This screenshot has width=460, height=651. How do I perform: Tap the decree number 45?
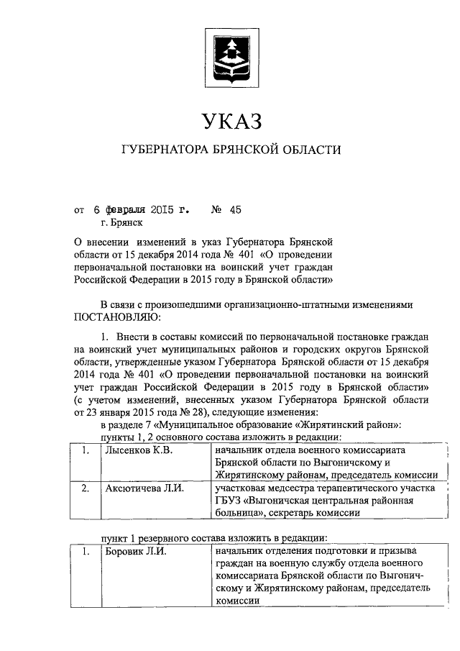pyautogui.click(x=236, y=211)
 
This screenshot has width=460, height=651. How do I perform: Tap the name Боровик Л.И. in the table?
pyautogui.click(x=131, y=551)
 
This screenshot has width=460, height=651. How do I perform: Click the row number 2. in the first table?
pyautogui.click(x=86, y=488)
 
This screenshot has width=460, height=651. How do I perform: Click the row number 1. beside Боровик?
pyautogui.click(x=86, y=551)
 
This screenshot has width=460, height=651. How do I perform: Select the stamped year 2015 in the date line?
pyautogui.click(x=164, y=211)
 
